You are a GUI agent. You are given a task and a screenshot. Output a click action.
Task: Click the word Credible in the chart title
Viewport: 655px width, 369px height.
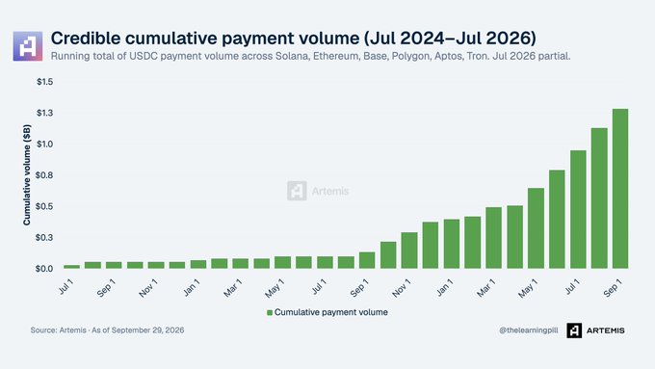tap(85, 38)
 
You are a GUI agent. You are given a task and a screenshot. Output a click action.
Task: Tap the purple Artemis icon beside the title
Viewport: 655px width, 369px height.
tap(28, 46)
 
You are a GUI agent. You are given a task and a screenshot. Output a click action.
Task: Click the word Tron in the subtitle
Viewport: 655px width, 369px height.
tap(478, 56)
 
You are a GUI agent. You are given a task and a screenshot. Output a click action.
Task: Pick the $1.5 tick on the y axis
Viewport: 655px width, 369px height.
tap(45, 82)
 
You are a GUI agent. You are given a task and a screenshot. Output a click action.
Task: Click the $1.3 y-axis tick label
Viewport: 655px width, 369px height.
tap(45, 113)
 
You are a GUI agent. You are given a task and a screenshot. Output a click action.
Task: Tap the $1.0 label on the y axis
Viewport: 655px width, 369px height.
tap(45, 145)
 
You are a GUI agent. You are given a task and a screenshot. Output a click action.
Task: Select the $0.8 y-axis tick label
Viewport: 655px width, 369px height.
tap(45, 175)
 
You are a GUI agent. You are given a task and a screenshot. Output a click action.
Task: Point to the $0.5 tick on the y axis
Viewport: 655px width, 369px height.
tap(45, 206)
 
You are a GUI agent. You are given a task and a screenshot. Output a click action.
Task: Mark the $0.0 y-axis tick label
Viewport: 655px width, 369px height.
tap(45, 269)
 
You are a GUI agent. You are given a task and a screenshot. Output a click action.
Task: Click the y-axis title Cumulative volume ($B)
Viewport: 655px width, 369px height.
tap(27, 174)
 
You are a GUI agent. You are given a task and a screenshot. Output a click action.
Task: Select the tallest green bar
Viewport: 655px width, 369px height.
tap(620, 189)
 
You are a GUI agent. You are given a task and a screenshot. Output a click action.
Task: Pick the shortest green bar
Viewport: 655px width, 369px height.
tap(71, 267)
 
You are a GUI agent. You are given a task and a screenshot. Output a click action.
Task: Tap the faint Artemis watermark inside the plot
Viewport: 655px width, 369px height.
tap(318, 191)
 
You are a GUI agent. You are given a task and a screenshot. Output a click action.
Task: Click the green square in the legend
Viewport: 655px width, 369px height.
tap(270, 312)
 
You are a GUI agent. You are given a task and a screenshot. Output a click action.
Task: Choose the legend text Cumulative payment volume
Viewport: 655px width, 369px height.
tap(331, 312)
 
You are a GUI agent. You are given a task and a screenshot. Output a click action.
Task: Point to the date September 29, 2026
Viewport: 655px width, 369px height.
tap(148, 330)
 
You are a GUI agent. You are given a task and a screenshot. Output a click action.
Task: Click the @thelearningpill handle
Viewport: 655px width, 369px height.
tap(529, 330)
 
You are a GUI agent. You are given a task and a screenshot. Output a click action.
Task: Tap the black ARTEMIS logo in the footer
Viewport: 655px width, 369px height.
tap(595, 330)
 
